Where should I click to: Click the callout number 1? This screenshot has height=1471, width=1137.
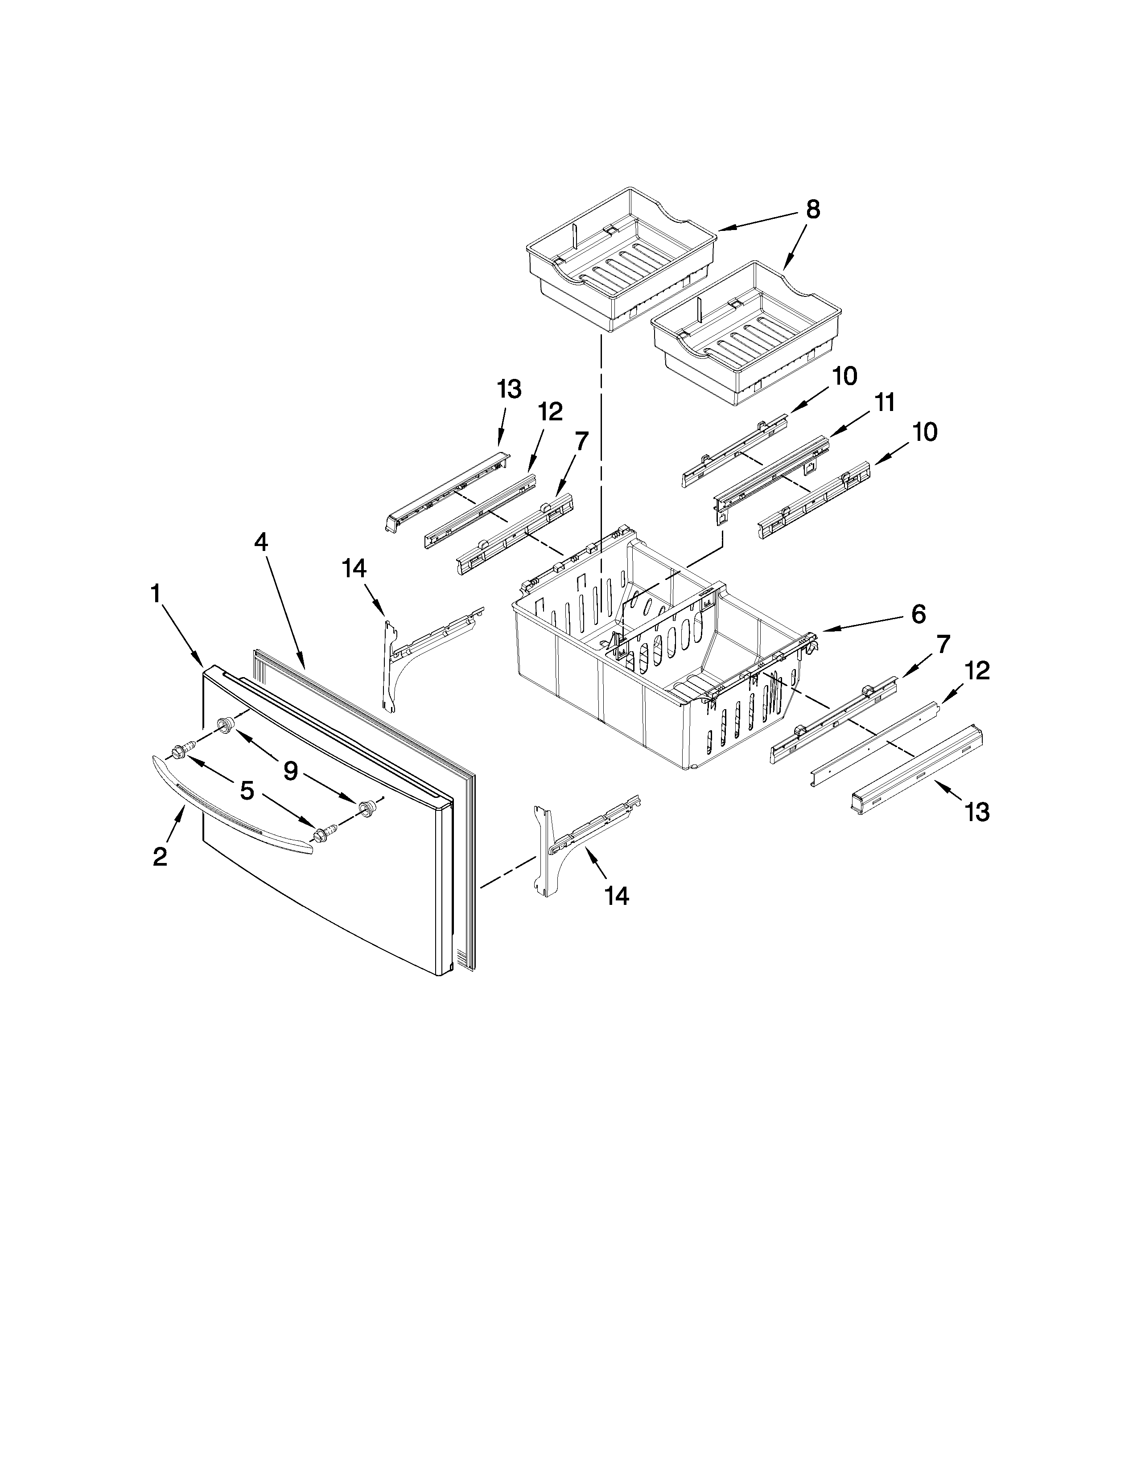(x=156, y=594)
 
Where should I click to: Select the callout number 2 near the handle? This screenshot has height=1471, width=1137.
(x=161, y=857)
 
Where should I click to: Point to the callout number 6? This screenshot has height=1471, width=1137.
(x=918, y=614)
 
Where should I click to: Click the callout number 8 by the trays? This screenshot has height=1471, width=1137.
(x=813, y=210)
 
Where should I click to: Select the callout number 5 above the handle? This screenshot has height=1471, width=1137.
(x=247, y=791)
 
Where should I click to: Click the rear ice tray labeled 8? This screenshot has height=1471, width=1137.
(x=620, y=259)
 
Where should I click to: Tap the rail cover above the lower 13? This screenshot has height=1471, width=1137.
(x=916, y=768)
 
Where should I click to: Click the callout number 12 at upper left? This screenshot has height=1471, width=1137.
(x=550, y=411)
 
